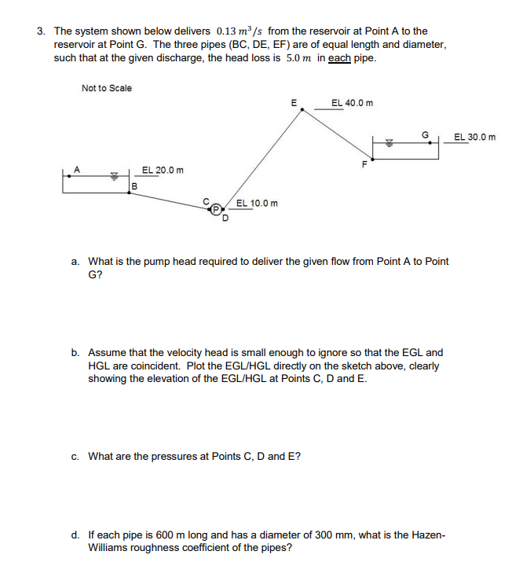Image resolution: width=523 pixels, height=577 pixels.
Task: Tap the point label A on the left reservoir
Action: pyautogui.click(x=77, y=167)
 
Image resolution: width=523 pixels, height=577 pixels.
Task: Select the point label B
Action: pyautogui.click(x=135, y=186)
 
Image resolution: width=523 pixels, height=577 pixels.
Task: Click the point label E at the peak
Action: pyautogui.click(x=294, y=102)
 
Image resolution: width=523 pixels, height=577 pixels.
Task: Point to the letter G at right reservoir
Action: pyautogui.click(x=425, y=135)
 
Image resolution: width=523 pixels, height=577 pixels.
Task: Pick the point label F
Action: pyautogui.click(x=364, y=164)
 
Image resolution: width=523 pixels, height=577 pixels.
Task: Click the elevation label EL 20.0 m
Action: pyautogui.click(x=163, y=171)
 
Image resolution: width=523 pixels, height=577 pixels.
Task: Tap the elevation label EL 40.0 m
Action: pyautogui.click(x=353, y=103)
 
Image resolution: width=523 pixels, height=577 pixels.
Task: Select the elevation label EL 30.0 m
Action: pyautogui.click(x=474, y=138)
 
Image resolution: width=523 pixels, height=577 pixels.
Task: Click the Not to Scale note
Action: pyautogui.click(x=107, y=88)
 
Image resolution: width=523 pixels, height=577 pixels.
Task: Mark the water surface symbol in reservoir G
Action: pyautogui.click(x=388, y=144)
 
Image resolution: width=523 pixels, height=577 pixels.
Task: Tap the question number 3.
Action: pyautogui.click(x=40, y=31)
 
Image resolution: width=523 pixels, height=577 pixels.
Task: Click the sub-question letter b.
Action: pyautogui.click(x=75, y=353)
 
